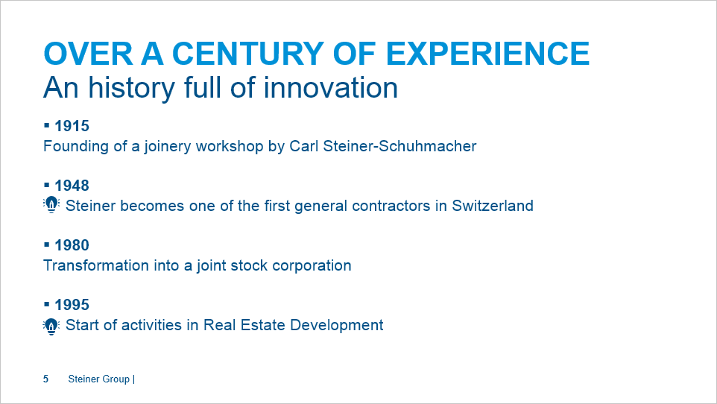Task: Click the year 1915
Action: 72,126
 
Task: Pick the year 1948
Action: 72,186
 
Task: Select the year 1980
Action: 72,245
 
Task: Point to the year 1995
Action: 72,305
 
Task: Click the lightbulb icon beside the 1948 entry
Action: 51,205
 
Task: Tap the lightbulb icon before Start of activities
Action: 51,325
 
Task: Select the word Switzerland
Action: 493,206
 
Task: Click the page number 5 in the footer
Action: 46,379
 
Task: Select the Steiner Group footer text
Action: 99,379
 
